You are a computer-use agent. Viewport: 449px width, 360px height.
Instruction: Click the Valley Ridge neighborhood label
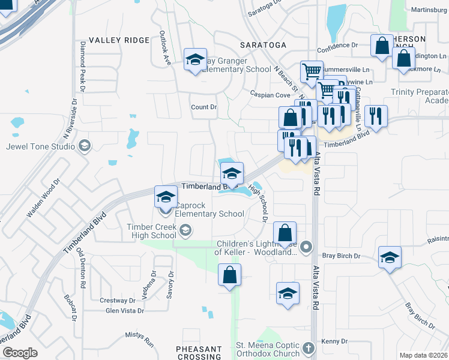pos(119,40)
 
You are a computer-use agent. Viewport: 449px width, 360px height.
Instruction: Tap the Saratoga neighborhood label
pos(263,45)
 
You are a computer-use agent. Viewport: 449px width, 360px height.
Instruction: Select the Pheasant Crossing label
pos(199,353)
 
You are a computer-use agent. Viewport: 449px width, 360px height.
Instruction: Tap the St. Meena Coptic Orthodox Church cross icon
pos(308,348)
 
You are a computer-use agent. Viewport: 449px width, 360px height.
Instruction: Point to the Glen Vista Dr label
pos(125,310)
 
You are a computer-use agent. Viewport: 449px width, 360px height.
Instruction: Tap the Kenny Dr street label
pos(334,341)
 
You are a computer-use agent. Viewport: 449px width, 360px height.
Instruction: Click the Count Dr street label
pos(203,107)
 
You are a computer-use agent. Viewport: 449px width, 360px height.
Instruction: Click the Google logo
pos(19,353)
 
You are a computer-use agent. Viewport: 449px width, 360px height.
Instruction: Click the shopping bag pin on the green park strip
pos(231,276)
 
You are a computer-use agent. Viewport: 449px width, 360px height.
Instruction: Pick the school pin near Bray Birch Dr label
pos(390,258)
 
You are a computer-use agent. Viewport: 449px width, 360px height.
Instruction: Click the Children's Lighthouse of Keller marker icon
pos(307,247)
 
